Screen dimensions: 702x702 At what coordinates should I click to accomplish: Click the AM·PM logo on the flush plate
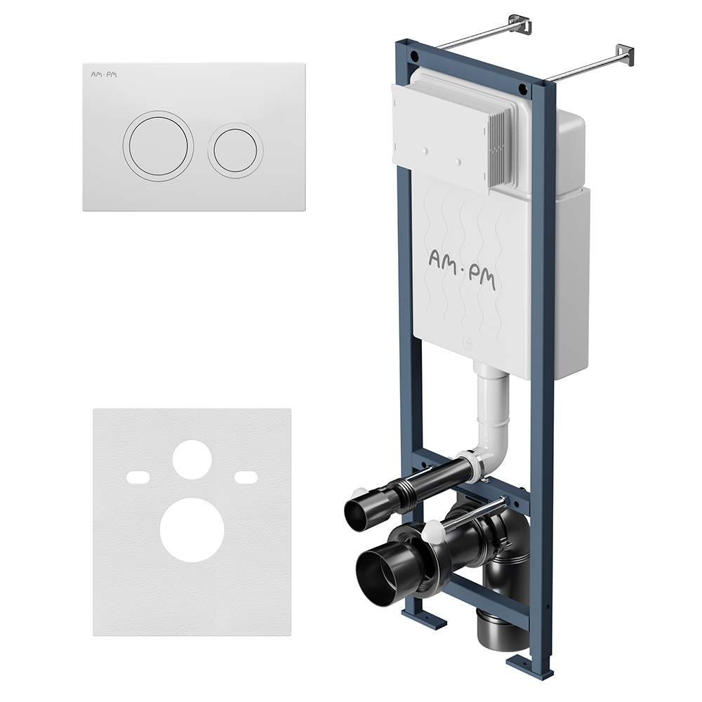(x=103, y=74)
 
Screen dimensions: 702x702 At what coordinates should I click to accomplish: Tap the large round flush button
(x=158, y=146)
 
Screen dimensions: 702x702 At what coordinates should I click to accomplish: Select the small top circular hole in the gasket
(x=192, y=459)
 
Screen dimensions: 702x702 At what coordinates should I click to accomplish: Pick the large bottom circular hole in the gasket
(x=192, y=529)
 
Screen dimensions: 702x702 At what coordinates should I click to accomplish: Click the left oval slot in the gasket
(x=138, y=477)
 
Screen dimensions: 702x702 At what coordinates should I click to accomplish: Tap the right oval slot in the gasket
(x=246, y=477)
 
